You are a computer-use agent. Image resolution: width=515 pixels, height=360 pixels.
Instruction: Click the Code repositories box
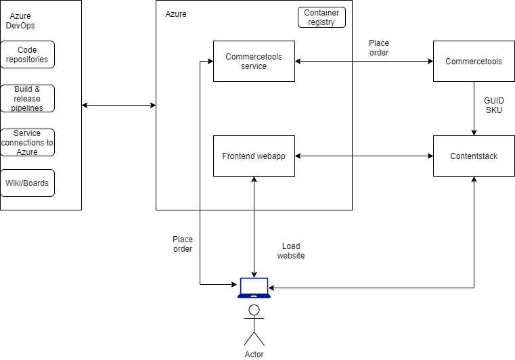(x=27, y=54)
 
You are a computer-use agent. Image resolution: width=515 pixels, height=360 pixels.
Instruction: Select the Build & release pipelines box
(x=27, y=98)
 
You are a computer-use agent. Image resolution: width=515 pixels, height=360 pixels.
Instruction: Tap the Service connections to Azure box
(x=27, y=142)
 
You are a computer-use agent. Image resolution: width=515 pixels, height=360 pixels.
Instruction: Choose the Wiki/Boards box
(x=27, y=183)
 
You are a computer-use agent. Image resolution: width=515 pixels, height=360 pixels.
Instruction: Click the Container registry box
(x=321, y=18)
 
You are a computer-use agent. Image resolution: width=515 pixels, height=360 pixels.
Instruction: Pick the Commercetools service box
(x=254, y=62)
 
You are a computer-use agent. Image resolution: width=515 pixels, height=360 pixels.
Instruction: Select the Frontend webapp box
(x=254, y=156)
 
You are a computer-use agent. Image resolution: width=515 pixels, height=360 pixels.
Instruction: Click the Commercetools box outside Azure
(x=474, y=62)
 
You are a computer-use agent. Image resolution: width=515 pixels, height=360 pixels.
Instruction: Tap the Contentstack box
(x=474, y=156)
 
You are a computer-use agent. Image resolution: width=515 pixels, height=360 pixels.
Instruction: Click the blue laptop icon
(x=254, y=288)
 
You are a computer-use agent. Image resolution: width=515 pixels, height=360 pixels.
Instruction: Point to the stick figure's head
(x=254, y=311)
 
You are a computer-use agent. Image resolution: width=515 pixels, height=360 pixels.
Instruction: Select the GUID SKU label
(x=494, y=106)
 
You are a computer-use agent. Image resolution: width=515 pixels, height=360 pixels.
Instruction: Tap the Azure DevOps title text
(x=22, y=21)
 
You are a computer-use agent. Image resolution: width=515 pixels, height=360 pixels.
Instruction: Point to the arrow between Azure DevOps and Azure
(x=118, y=105)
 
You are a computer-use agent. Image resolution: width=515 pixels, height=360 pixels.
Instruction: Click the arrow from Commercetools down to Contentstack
(x=474, y=108)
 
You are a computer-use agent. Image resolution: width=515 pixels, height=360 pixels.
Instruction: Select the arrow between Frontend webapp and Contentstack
(x=364, y=156)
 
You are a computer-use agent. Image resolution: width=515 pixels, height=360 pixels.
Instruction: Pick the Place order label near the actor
(x=183, y=244)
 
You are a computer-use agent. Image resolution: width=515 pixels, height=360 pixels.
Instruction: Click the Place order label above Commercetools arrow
(x=379, y=48)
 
